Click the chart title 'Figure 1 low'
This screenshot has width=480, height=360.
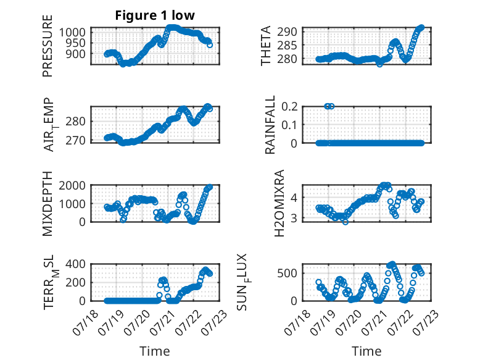(x=155, y=15)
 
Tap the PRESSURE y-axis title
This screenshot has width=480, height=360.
(x=48, y=46)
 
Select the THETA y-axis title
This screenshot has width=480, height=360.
(x=266, y=46)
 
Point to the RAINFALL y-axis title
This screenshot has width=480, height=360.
(x=270, y=124)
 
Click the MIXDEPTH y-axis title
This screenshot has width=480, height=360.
(x=48, y=204)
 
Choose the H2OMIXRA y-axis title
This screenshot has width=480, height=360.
(x=279, y=203)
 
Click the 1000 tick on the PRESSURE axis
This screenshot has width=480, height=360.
(x=72, y=32)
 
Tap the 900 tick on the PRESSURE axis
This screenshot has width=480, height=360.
(x=76, y=54)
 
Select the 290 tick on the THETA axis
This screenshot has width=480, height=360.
(x=288, y=31)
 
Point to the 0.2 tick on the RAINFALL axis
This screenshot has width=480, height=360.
(x=289, y=106)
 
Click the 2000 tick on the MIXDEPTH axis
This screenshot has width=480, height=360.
(x=72, y=185)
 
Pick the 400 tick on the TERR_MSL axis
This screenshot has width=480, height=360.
(x=76, y=264)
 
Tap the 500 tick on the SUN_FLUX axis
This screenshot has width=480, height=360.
(x=288, y=273)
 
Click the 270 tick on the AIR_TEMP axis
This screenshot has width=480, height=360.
(x=76, y=140)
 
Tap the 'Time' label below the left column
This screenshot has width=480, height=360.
(x=155, y=351)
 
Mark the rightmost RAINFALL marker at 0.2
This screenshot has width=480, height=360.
(x=331, y=106)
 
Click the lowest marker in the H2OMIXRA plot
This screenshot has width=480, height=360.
(x=346, y=222)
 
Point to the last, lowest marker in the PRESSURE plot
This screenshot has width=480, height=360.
(x=210, y=44)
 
